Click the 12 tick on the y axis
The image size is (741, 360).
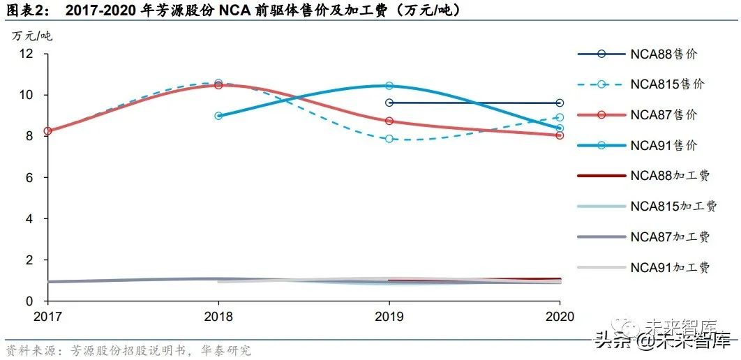[27, 54]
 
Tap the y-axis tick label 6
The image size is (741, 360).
[30, 178]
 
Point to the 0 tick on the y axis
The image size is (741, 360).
[30, 301]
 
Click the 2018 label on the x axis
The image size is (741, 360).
[218, 316]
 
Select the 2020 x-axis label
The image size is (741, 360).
[560, 316]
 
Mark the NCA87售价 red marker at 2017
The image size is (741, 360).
[47, 131]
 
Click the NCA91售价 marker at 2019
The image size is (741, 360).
[389, 86]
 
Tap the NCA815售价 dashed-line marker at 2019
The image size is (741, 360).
[389, 139]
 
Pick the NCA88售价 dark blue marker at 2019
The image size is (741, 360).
[389, 103]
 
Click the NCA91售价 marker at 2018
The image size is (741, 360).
[218, 116]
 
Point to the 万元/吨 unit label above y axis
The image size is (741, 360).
[31, 36]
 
